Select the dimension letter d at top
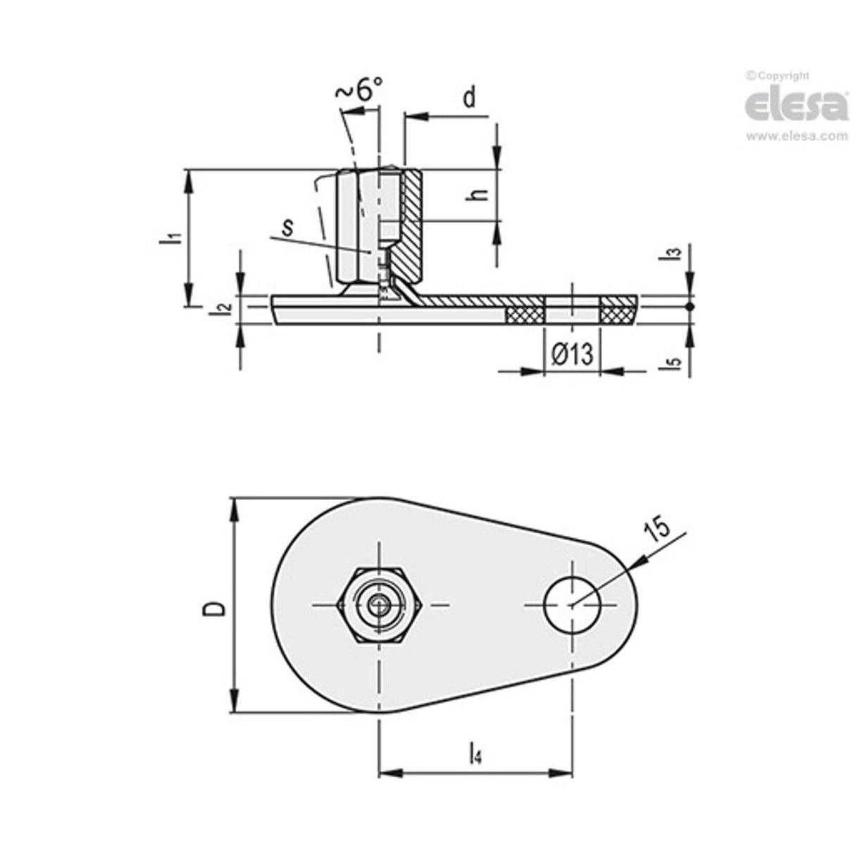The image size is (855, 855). (x=470, y=98)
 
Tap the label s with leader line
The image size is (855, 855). (x=287, y=227)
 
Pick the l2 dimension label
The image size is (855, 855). (x=223, y=307)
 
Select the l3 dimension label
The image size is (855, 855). (x=673, y=254)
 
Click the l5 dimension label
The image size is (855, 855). (x=674, y=362)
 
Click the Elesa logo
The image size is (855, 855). (x=796, y=106)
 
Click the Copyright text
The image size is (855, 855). (x=779, y=76)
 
